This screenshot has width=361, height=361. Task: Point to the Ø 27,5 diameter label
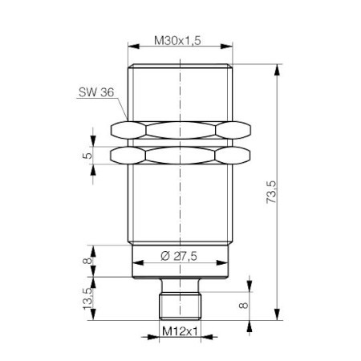(x=180, y=256)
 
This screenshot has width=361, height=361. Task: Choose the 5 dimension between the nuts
(x=86, y=155)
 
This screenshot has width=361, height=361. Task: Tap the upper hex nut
(x=180, y=129)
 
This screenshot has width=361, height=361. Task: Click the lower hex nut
(x=180, y=155)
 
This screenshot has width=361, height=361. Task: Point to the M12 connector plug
(x=180, y=302)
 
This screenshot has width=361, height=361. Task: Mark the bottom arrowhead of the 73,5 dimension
(x=278, y=318)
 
